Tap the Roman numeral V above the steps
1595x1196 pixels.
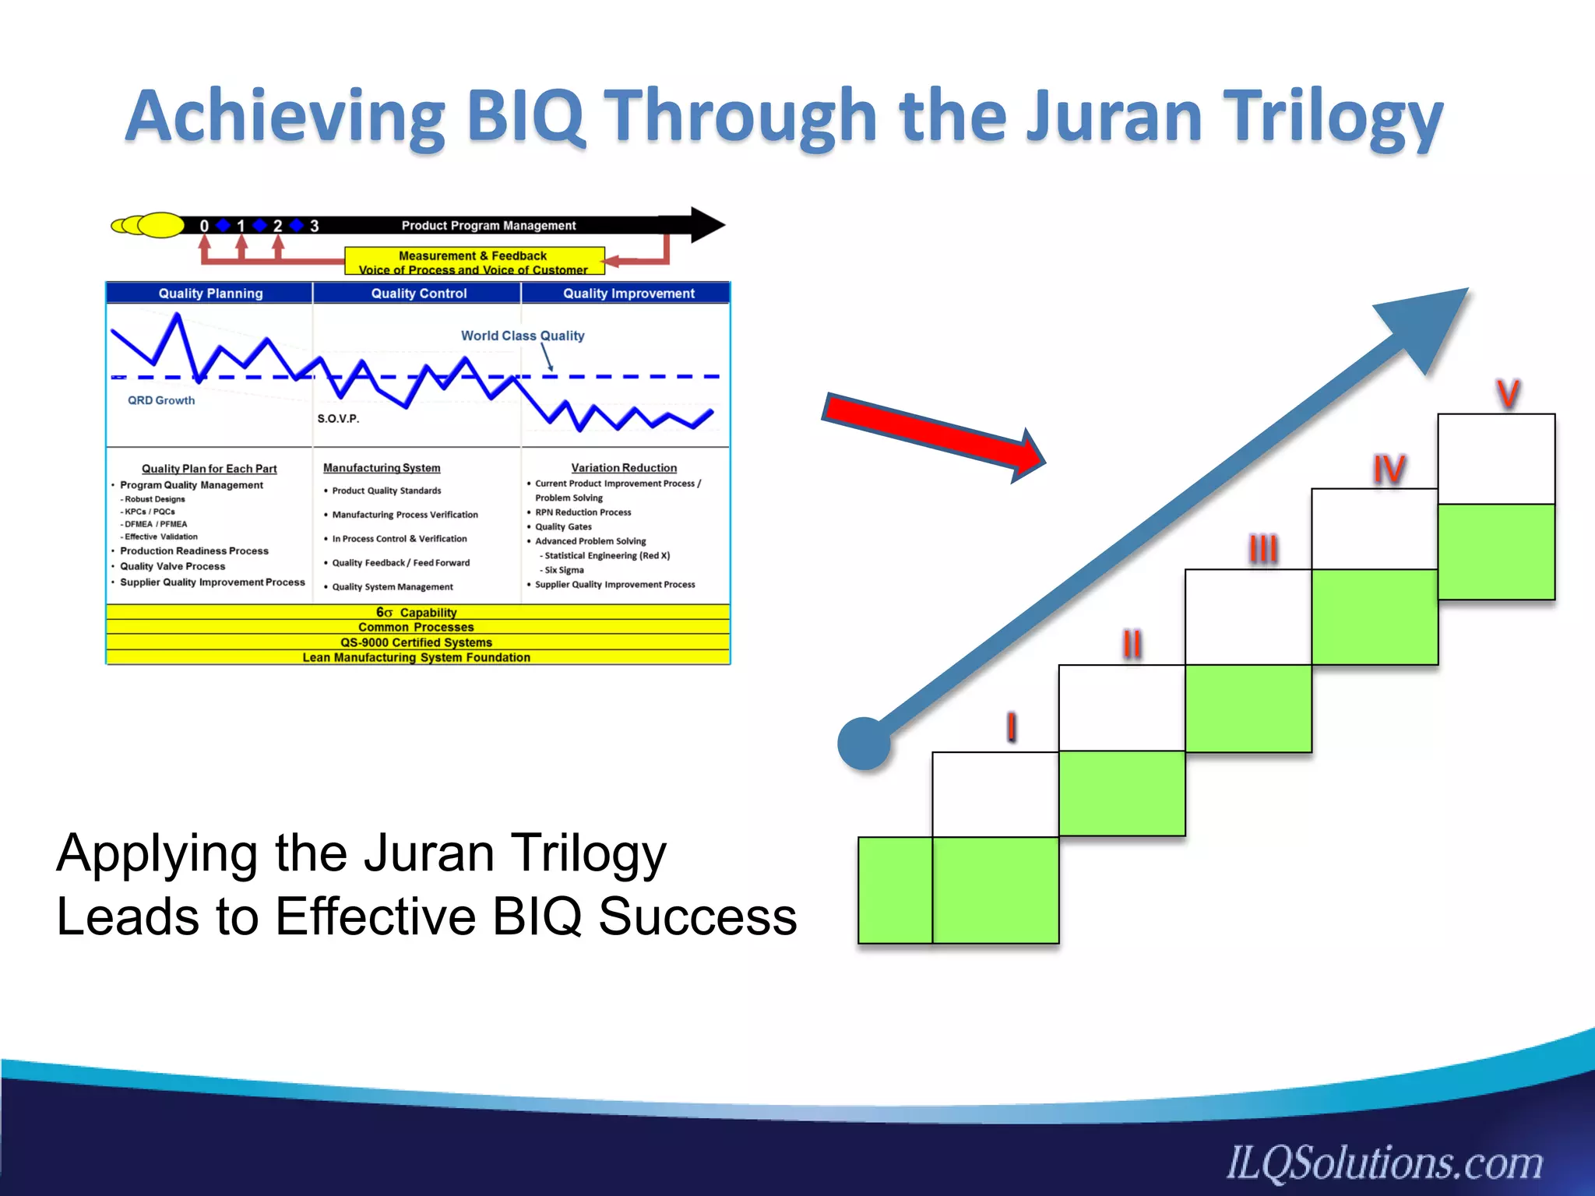tap(1508, 394)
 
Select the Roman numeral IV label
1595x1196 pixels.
tap(1389, 470)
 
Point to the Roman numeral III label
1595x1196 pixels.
tap(1263, 549)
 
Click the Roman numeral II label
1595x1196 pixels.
tap(1132, 644)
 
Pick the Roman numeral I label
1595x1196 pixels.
tap(1011, 727)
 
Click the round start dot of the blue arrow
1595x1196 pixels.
tap(864, 744)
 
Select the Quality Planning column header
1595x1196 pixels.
tap(210, 294)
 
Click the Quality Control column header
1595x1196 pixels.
tap(419, 294)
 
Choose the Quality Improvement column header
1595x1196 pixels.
tap(628, 294)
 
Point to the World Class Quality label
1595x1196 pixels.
tap(523, 336)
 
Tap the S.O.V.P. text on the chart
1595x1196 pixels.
tap(338, 419)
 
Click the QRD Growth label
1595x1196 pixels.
tap(161, 400)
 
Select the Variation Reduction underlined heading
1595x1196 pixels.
tap(624, 468)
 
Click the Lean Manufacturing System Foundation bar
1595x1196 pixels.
tap(417, 658)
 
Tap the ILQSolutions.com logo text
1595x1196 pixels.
tap(1385, 1163)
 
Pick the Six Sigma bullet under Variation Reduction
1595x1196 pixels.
tap(564, 570)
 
